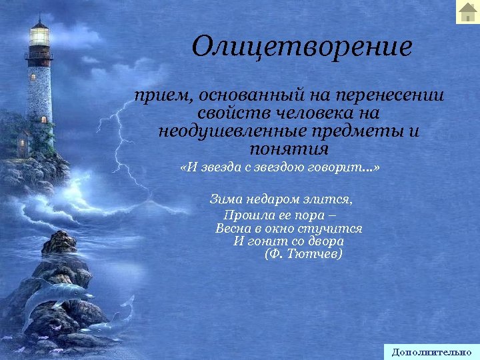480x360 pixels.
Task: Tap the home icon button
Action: point(467,12)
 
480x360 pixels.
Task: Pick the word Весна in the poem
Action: point(234,228)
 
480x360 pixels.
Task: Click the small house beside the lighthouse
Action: point(23,143)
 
